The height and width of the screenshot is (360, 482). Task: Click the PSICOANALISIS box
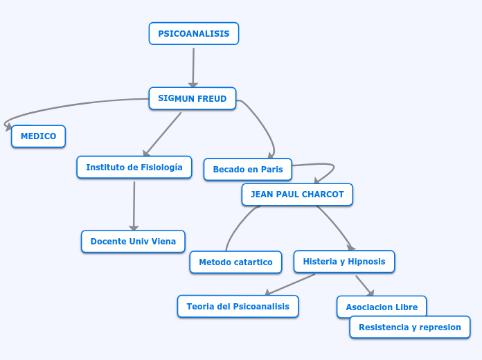pyautogui.click(x=193, y=34)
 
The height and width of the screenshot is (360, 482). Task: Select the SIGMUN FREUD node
pyautogui.click(x=192, y=98)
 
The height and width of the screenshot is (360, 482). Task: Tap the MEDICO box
pyautogui.click(x=38, y=136)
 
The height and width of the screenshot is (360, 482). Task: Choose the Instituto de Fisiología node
pyautogui.click(x=134, y=168)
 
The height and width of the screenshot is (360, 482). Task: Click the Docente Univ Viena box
pyautogui.click(x=133, y=242)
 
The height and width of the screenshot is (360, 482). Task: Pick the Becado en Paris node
pyautogui.click(x=247, y=170)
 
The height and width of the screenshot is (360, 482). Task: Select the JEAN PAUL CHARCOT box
pyautogui.click(x=297, y=195)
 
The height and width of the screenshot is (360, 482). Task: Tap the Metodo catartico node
pyautogui.click(x=235, y=262)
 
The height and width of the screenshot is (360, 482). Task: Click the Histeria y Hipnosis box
pyautogui.click(x=344, y=262)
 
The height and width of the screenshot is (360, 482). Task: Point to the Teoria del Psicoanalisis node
pyautogui.click(x=238, y=306)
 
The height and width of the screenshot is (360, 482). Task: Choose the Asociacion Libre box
pyautogui.click(x=381, y=305)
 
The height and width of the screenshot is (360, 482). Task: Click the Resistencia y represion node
pyautogui.click(x=409, y=327)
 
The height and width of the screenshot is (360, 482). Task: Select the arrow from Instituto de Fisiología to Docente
pyautogui.click(x=134, y=204)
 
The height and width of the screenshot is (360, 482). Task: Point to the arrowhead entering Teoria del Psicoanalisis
pyautogui.click(x=269, y=292)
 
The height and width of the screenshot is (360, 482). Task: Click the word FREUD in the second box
pyautogui.click(x=212, y=98)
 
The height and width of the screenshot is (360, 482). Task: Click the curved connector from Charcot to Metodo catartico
pyautogui.click(x=235, y=225)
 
